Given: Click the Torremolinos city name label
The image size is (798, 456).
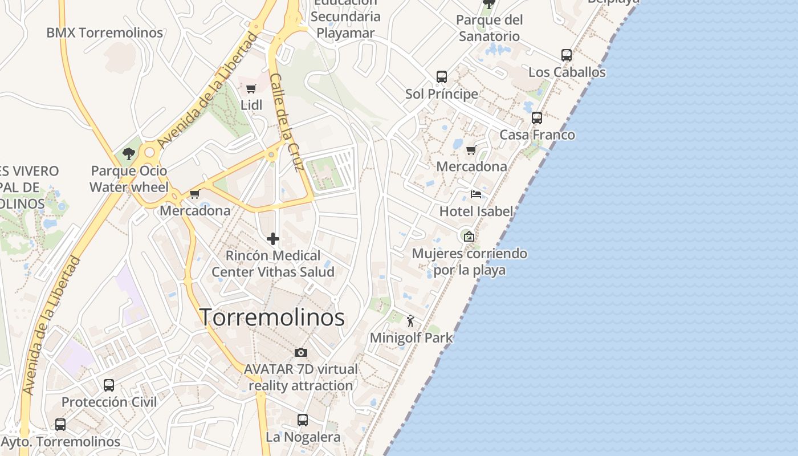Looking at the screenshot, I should point(272,317).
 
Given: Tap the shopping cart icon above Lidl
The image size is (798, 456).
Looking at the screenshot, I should point(251,88).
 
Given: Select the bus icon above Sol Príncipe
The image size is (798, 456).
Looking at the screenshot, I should point(441,76).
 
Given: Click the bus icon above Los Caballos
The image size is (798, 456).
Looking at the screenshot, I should point(566,55).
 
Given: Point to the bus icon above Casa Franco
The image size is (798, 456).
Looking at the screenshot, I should point(537,118).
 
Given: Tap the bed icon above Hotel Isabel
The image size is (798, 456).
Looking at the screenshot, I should point(476,194).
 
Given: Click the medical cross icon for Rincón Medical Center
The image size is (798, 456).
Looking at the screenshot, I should point(273,239).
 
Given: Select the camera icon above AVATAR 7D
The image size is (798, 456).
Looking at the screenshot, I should point(301,353).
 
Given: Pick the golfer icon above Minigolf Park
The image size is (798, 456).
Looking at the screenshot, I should point(410,321).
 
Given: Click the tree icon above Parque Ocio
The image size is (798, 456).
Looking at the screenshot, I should point(129,153).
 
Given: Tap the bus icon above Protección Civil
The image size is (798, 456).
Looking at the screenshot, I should point(109,385).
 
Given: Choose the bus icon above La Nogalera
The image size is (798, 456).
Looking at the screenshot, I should point(303,420).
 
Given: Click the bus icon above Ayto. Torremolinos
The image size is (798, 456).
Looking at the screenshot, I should point(60,425).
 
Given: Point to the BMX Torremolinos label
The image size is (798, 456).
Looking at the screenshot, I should point(105,32).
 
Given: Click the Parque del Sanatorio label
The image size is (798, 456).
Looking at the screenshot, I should point(490,28).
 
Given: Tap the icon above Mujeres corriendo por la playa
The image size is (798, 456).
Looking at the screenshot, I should point(469,236).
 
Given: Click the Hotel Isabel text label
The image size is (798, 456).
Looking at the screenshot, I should point(476,211).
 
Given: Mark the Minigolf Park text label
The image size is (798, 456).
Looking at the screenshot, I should point(411,338).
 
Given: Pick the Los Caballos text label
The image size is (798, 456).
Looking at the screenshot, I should point(567,72).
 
